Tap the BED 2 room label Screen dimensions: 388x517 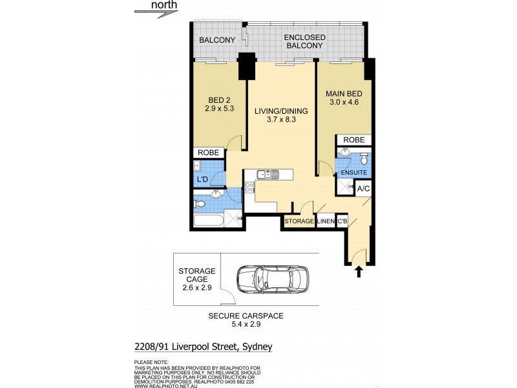220,104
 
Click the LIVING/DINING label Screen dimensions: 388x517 280,116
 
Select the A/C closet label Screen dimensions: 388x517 364,189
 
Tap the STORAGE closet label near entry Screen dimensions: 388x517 299,222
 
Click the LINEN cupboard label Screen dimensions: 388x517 325,222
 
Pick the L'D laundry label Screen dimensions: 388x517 202,180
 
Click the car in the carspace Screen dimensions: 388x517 272,281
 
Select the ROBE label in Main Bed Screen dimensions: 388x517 353,140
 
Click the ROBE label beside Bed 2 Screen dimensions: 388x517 209,153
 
